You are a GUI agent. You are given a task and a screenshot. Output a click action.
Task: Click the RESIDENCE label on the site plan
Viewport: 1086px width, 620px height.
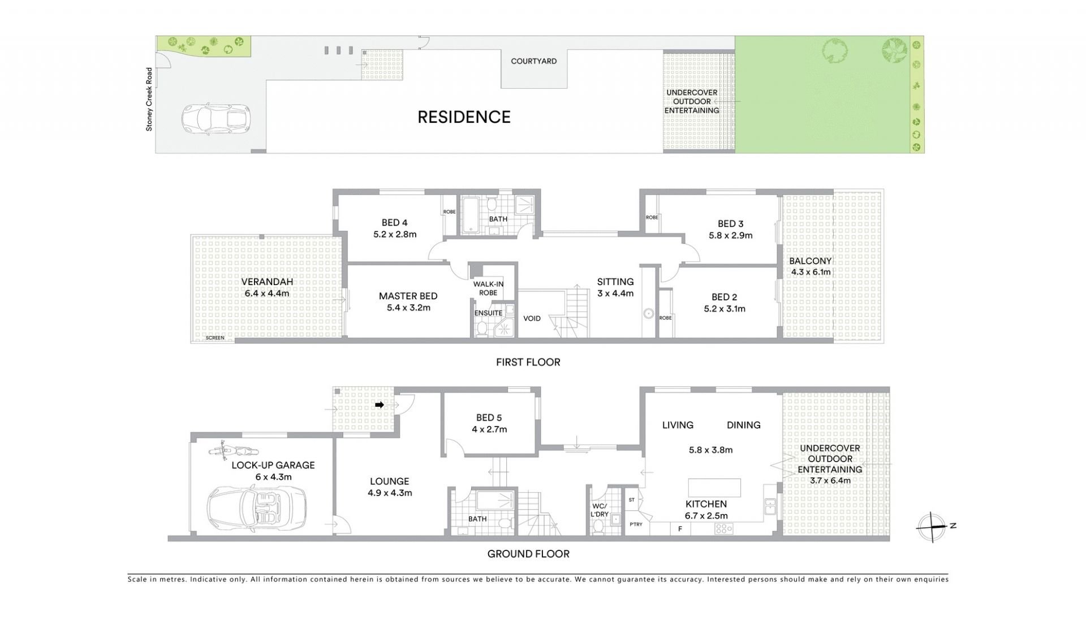464,117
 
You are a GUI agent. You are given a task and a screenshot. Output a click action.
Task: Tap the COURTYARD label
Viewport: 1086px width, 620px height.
533,61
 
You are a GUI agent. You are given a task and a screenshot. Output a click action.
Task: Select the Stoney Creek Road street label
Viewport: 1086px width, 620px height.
149,100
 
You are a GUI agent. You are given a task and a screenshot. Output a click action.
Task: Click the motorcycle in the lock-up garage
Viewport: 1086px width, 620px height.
233,451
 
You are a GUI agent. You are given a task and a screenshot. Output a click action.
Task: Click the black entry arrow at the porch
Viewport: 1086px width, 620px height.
380,405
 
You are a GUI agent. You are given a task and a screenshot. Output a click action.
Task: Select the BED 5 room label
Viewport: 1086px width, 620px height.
489,417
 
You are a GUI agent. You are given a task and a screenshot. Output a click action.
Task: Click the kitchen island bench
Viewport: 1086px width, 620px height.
714,487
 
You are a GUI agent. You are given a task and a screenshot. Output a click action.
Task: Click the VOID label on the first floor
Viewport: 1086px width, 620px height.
532,318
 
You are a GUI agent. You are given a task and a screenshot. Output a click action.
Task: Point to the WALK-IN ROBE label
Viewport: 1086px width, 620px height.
488,289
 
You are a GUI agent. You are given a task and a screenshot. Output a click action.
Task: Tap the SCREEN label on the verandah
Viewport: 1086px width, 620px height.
215,338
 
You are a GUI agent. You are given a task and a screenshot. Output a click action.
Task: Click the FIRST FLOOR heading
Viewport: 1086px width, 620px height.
528,362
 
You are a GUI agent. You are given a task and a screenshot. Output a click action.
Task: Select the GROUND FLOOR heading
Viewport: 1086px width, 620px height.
528,554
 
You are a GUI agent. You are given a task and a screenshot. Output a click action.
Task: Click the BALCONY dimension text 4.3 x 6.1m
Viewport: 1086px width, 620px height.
811,272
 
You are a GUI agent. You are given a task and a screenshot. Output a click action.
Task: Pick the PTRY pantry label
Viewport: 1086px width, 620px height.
636,524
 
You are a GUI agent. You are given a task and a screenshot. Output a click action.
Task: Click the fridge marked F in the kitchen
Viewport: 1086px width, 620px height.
679,529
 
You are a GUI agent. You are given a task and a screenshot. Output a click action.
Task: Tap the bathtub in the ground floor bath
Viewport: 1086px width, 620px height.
495,501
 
